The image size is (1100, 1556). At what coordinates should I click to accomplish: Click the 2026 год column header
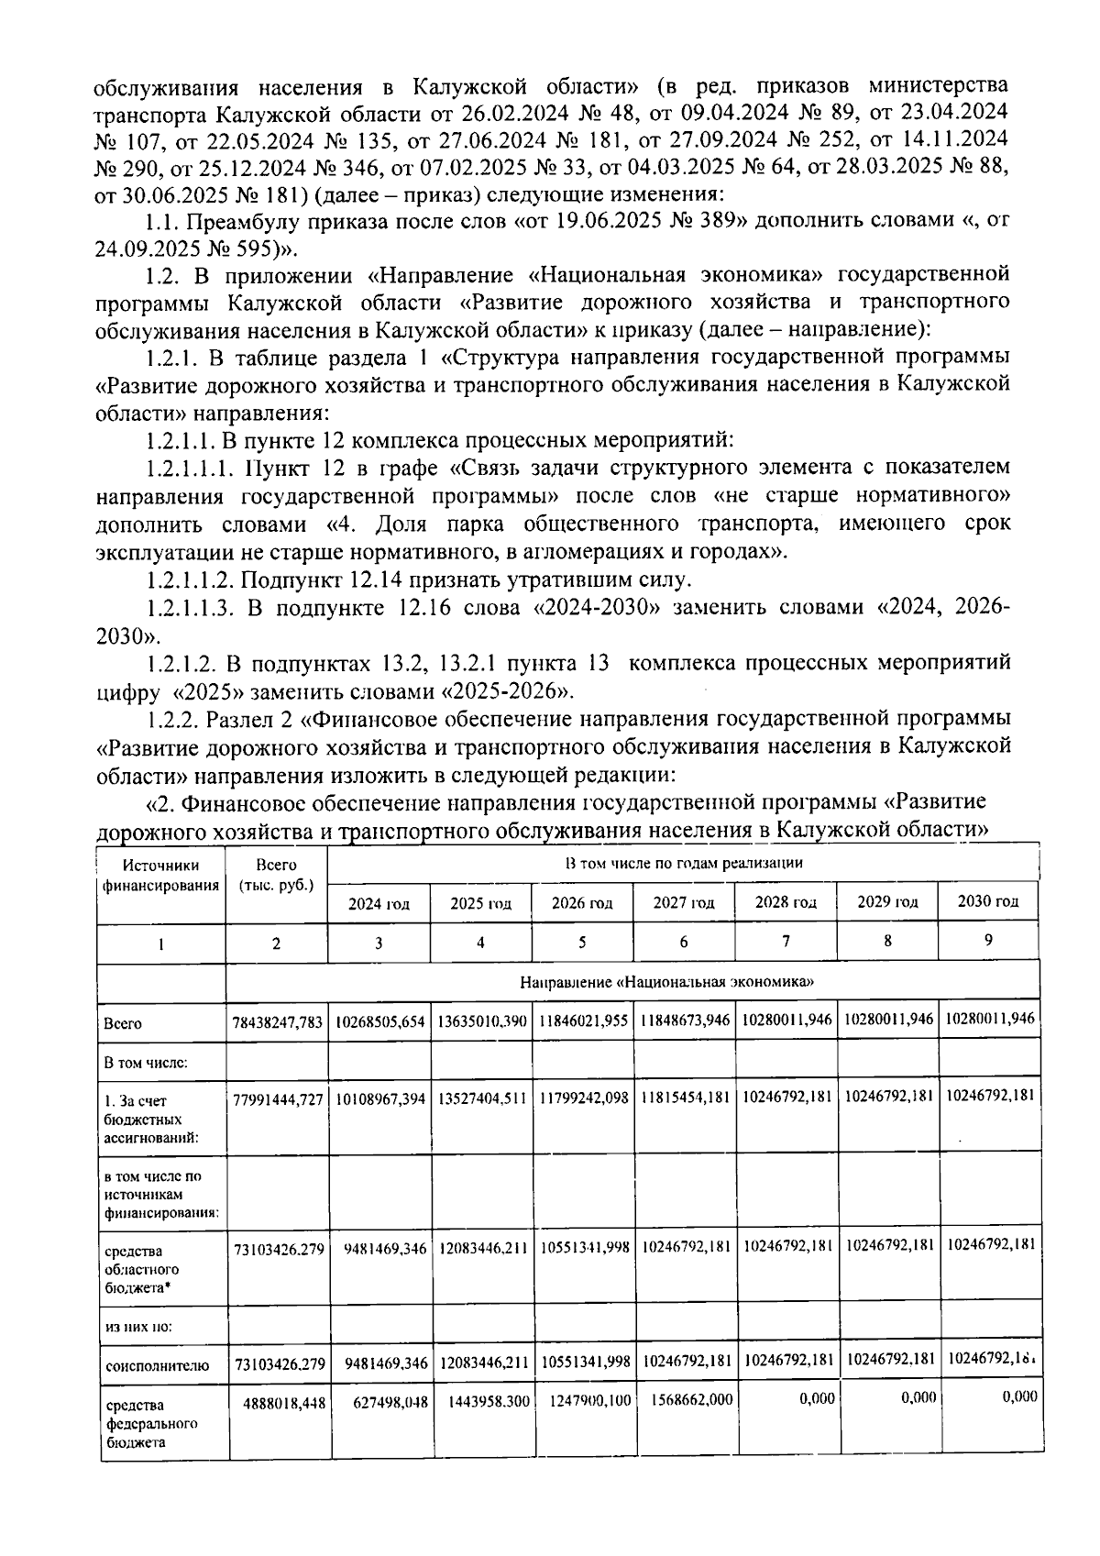pyautogui.click(x=582, y=902)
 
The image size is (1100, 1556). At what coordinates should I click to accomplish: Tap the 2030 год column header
pyautogui.click(x=988, y=900)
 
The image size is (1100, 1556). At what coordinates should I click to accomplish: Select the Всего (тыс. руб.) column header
pyautogui.click(x=276, y=875)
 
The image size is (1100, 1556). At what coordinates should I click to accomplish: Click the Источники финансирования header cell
pyautogui.click(x=160, y=875)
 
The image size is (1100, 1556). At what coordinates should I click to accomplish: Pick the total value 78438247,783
pyautogui.click(x=277, y=1021)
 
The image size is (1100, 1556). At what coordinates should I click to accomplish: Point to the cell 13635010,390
pyautogui.click(x=481, y=1021)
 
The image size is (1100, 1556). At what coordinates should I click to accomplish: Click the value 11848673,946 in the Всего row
pyautogui.click(x=685, y=1021)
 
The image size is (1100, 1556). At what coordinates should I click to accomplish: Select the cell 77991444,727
pyautogui.click(x=277, y=1099)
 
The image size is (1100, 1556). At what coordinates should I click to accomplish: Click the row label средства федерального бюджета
pyautogui.click(x=141, y=1423)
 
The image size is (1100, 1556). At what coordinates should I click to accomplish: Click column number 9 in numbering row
pyautogui.click(x=988, y=941)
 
